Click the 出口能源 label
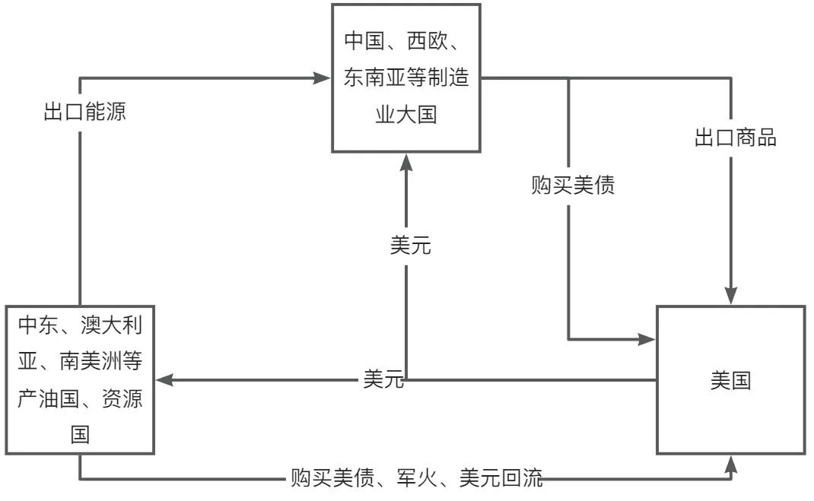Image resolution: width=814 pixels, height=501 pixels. point(84,113)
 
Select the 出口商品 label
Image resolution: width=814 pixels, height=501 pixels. point(736,138)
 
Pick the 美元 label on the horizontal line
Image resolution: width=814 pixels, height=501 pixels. point(383,379)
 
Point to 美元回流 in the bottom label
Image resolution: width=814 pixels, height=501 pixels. point(501,478)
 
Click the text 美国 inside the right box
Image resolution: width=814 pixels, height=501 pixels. point(730,380)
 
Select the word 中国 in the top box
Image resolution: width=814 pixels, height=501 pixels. point(364,40)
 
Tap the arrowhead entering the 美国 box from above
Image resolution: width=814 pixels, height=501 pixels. point(732,296)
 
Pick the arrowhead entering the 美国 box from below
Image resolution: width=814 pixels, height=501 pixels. point(732,463)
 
